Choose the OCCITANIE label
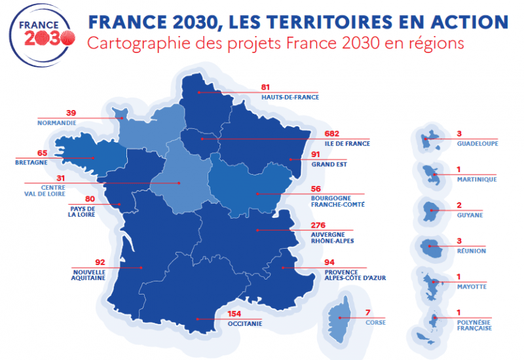(x=245, y=323)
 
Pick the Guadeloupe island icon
(x=428, y=139)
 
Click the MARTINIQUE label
(x=477, y=179)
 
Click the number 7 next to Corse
(x=367, y=312)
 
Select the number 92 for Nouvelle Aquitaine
(x=100, y=261)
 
